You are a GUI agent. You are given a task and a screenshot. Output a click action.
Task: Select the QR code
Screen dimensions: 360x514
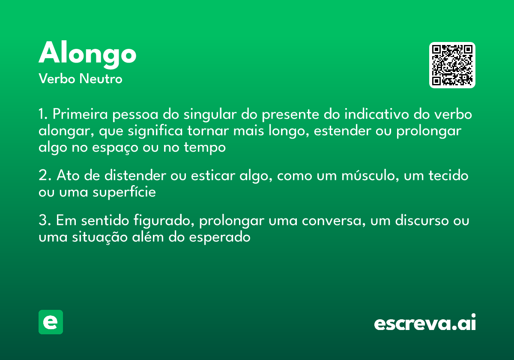[x=452, y=65]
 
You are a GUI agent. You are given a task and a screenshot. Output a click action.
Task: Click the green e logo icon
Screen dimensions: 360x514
[x=51, y=322]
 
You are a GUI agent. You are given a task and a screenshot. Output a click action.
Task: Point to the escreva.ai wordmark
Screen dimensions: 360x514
[x=425, y=323]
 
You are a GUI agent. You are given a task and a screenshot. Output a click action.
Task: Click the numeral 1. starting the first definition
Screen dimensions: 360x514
[x=43, y=115]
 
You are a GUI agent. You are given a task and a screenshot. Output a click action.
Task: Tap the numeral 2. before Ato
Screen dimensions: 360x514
[x=45, y=176]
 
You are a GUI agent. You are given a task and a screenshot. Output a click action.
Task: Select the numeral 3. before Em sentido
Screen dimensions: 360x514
[x=45, y=221]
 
